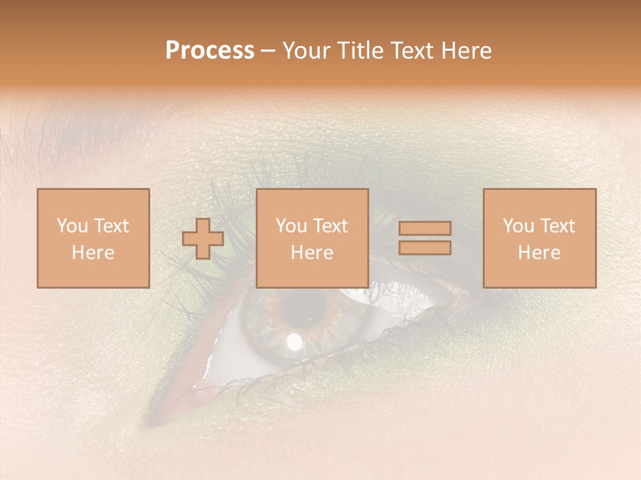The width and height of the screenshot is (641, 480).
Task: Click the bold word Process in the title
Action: coord(210,51)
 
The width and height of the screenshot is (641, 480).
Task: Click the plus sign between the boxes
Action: coord(203,238)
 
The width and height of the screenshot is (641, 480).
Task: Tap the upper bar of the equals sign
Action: coord(425,229)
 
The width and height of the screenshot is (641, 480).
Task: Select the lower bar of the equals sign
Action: coord(425,247)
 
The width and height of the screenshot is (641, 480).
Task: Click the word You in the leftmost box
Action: coord(72,226)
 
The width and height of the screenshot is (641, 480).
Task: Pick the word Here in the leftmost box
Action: coord(93,253)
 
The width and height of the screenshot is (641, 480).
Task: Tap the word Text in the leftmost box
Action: coord(110,226)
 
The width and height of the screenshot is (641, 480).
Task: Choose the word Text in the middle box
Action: coord(330,226)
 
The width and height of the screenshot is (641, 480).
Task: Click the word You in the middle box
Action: coord(292,226)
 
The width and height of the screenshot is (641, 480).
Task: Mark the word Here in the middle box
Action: coord(312,253)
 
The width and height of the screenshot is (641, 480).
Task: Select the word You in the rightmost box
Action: coord(519,226)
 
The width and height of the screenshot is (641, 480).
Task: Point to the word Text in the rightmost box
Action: coord(557,226)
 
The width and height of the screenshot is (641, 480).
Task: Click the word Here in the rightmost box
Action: coord(539,253)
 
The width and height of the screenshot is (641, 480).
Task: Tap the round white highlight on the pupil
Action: coord(294,342)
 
